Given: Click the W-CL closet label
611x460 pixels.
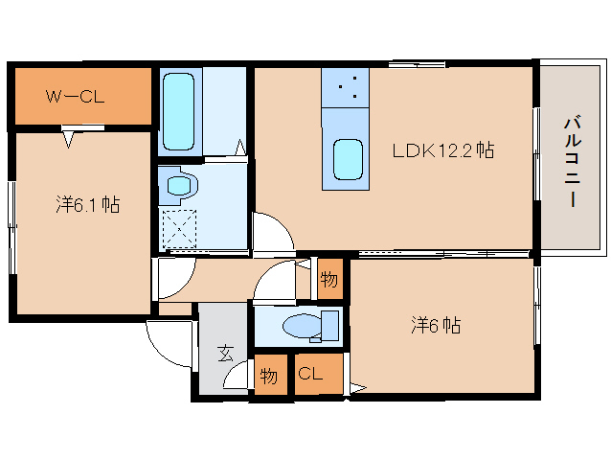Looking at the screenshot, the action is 76,96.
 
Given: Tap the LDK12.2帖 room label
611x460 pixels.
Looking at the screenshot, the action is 443,150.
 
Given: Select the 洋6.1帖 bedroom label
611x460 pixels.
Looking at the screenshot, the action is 88,204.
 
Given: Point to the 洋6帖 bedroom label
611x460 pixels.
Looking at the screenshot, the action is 436,325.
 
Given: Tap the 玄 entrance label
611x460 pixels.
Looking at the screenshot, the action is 225,354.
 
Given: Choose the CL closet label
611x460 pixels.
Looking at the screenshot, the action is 310,374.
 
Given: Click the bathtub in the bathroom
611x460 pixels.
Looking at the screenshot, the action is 178,111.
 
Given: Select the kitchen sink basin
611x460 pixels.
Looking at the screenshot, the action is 348,159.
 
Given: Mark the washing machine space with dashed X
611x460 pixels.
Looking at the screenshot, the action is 179,229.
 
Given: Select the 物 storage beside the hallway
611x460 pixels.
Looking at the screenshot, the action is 329,279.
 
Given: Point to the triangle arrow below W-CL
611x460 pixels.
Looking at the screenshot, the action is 68,140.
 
